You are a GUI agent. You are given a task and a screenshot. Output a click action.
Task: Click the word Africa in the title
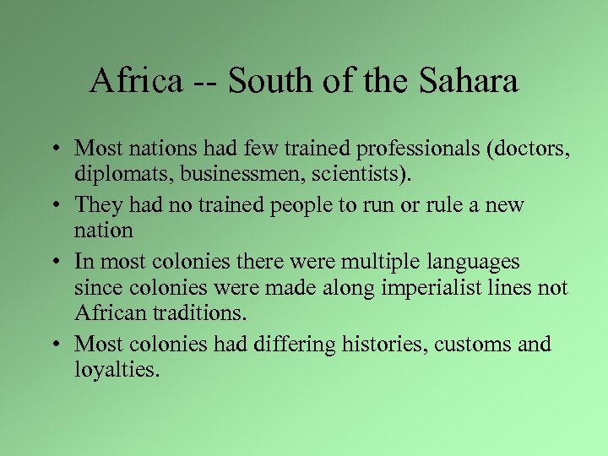136,81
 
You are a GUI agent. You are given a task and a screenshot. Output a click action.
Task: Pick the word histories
378,345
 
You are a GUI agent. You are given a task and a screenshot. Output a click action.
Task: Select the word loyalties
116,369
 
